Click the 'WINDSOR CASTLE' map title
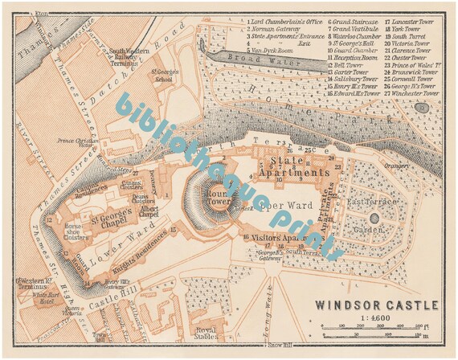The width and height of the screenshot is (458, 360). point(376,305)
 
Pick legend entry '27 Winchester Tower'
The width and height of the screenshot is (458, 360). point(411,92)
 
